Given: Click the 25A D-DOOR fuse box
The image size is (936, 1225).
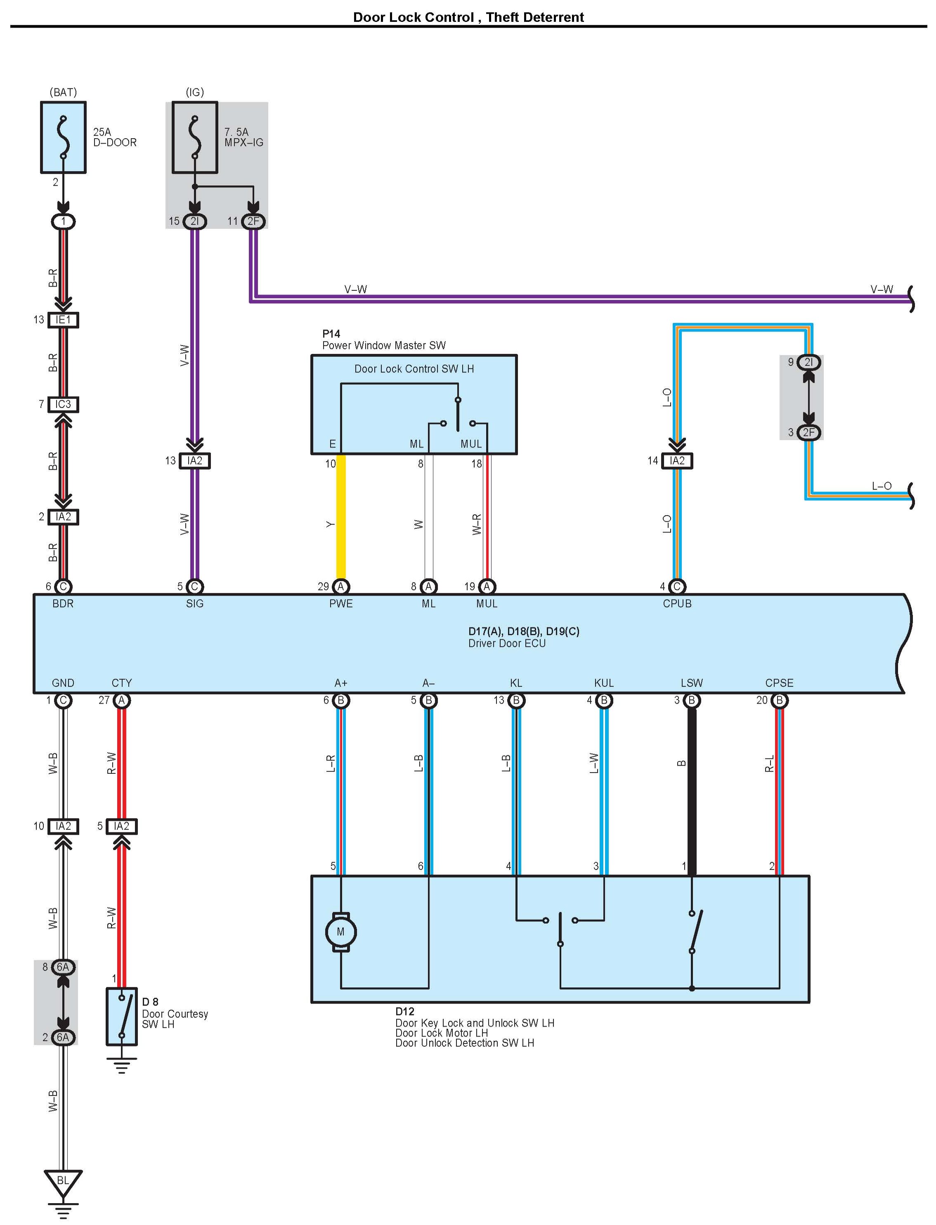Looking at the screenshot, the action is (63, 137).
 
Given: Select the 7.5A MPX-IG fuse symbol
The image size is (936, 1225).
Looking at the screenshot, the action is (195, 137).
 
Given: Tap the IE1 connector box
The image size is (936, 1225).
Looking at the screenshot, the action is (63, 320).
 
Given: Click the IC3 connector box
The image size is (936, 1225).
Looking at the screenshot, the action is (63, 404).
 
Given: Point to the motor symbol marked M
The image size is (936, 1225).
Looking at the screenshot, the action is (340, 932).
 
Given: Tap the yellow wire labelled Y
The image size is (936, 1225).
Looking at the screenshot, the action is (341, 517).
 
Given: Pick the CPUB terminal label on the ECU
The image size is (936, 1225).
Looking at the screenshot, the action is (677, 603).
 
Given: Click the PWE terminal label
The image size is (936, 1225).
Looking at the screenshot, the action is (341, 603).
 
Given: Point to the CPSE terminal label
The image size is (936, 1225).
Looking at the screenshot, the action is (779, 683).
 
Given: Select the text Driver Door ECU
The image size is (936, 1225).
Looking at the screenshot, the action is (507, 643).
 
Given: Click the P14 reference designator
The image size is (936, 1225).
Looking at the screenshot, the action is (331, 334).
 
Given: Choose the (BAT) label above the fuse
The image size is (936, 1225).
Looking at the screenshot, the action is (63, 92).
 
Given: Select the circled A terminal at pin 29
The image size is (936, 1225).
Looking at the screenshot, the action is (341, 587).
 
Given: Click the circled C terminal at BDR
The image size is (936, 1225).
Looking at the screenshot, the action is (63, 587).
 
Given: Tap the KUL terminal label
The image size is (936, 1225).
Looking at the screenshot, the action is (604, 683).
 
